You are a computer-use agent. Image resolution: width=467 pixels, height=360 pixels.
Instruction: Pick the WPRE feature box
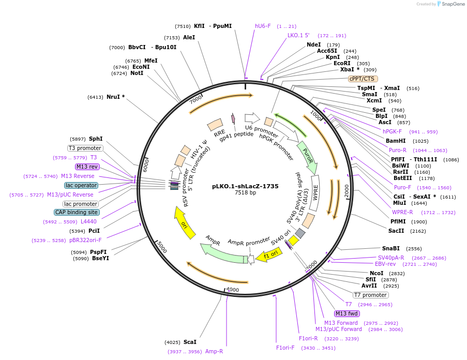click(x=315, y=192)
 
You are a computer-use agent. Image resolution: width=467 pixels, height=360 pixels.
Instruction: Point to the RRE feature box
click(x=215, y=124)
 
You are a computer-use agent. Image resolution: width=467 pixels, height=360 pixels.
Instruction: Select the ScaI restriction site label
click(x=190, y=342)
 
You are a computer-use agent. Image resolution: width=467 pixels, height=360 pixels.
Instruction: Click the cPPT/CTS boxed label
click(x=363, y=79)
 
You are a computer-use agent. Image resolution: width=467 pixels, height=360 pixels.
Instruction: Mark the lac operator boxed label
click(x=81, y=185)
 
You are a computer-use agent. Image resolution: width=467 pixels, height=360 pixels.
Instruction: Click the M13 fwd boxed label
click(x=347, y=313)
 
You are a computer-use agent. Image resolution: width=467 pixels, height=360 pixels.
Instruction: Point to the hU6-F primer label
click(x=263, y=26)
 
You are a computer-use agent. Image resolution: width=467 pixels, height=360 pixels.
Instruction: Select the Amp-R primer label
click(x=214, y=351)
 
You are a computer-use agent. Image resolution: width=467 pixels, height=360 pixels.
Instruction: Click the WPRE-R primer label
click(x=402, y=212)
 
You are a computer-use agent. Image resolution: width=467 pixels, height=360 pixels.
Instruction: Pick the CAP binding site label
click(x=77, y=212)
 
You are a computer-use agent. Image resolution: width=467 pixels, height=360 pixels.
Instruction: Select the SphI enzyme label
click(x=96, y=139)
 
